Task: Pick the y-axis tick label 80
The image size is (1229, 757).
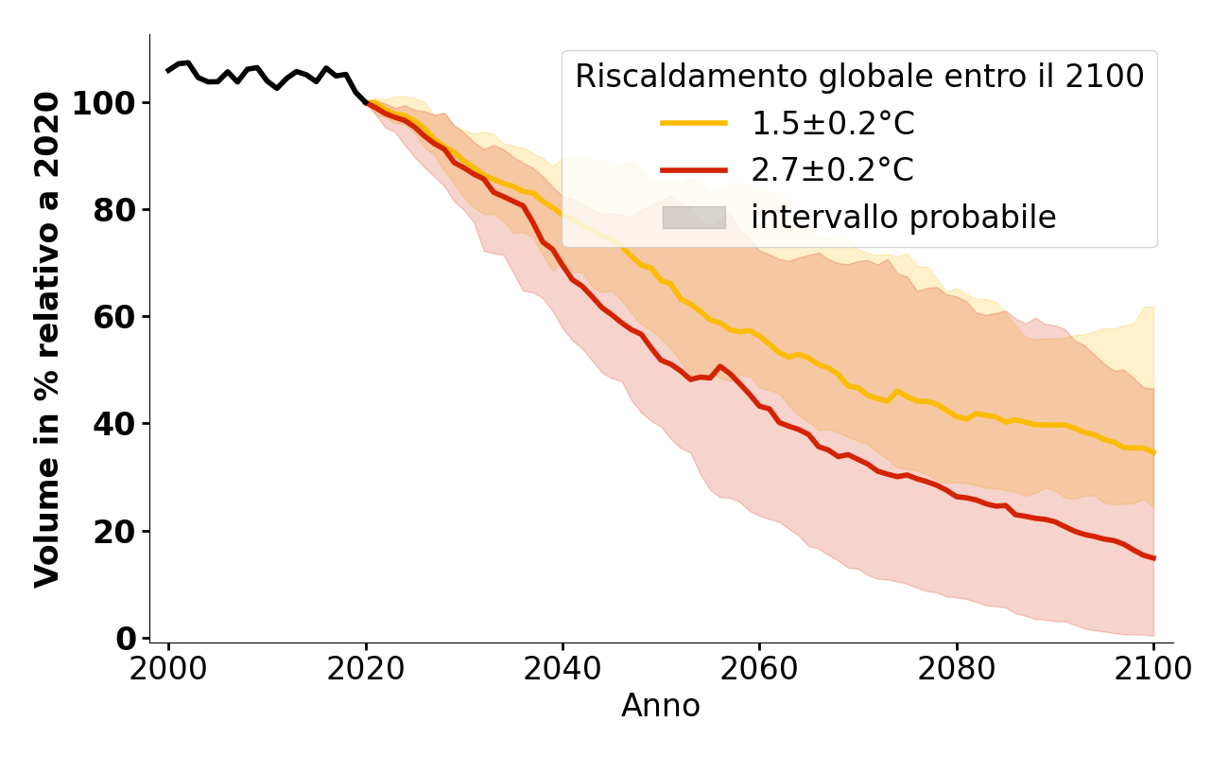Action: pos(113,209)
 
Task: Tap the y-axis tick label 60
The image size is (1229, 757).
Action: pos(113,316)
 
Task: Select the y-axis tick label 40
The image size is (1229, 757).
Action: pos(113,423)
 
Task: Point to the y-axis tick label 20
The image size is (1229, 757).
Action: pos(113,531)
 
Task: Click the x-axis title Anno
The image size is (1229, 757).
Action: pos(661,706)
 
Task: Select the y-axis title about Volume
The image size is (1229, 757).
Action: pos(47,339)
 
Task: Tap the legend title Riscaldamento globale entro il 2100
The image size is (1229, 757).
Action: pos(859,77)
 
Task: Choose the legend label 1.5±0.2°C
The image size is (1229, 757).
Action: pos(833,124)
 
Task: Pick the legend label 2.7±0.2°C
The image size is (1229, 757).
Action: pos(833,170)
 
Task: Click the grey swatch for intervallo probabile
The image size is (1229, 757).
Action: pos(694,218)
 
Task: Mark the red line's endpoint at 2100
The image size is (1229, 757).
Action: pos(1153,558)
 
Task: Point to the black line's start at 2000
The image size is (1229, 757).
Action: pos(168,71)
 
